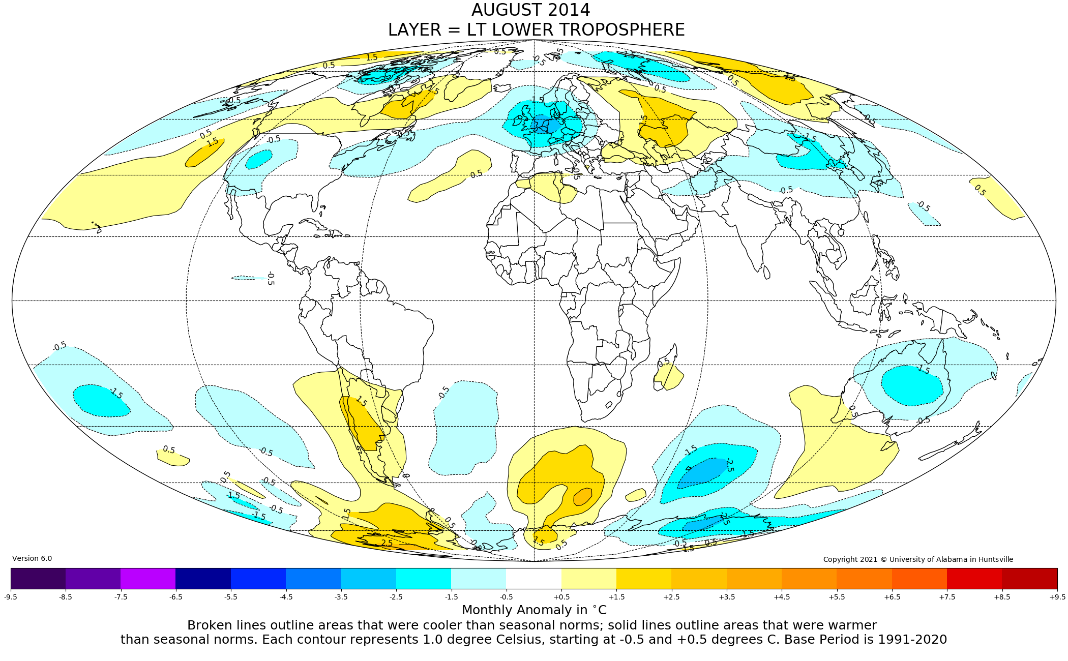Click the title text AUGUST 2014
(x=530, y=10)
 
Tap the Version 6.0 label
(x=32, y=558)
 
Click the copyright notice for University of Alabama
(x=918, y=559)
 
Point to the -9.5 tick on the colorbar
(x=11, y=597)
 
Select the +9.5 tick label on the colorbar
(x=1056, y=597)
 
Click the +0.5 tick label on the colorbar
(x=561, y=597)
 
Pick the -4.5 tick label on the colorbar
(x=286, y=597)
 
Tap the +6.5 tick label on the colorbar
(x=892, y=597)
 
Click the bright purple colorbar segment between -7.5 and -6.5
(x=148, y=579)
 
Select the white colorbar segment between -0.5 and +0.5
(x=533, y=579)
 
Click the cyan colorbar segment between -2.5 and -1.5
(x=423, y=579)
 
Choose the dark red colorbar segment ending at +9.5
(x=1029, y=579)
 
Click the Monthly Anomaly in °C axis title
(x=534, y=610)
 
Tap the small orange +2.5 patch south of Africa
(x=583, y=497)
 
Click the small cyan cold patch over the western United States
(x=259, y=159)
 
